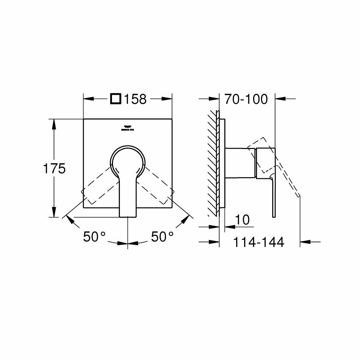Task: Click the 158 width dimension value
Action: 135,99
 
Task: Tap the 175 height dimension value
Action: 54,168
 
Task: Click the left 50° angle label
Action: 94,237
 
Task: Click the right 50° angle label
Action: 162,237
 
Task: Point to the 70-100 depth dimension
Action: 246,99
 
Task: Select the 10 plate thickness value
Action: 244,220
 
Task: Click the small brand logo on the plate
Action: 127,128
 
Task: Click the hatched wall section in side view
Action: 213,162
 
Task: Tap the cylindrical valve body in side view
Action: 240,162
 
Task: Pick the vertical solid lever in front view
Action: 128,194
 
